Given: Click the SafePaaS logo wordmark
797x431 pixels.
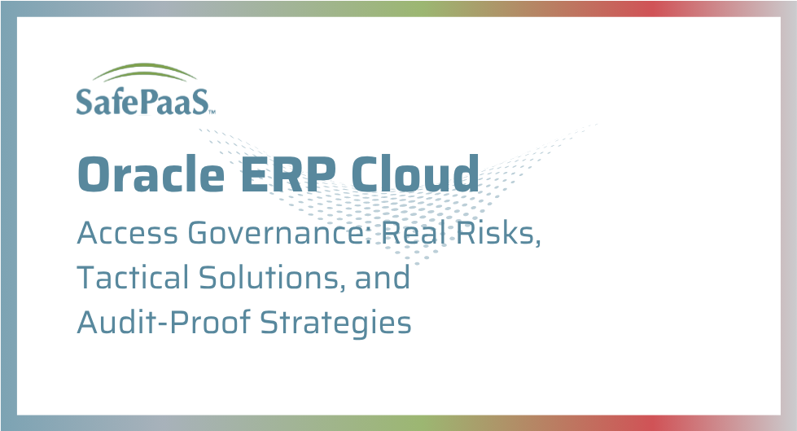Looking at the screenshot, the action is pyautogui.click(x=142, y=101).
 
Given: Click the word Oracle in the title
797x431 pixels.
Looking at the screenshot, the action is pyautogui.click(x=151, y=174).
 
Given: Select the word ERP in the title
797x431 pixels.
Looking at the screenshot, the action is pyautogui.click(x=287, y=174).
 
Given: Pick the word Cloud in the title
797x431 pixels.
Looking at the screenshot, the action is pyautogui.click(x=414, y=174).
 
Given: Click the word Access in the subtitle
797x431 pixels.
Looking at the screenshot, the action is pyautogui.click(x=128, y=233).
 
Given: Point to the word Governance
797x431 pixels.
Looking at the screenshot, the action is pyautogui.click(x=279, y=233).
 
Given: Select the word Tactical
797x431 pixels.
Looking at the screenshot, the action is pyautogui.click(x=134, y=277).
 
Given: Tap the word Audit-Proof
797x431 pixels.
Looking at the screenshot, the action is pyautogui.click(x=164, y=322).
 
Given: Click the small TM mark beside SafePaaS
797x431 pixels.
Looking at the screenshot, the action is pyautogui.click(x=212, y=112).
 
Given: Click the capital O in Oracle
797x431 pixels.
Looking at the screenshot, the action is pyautogui.click(x=93, y=174).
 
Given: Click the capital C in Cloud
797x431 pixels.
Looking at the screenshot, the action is pyautogui.click(x=366, y=174).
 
